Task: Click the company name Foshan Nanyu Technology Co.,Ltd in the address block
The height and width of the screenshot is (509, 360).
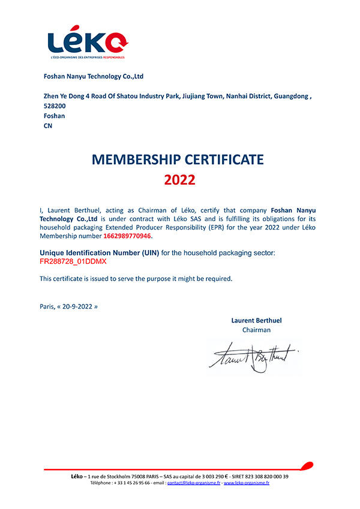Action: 94,76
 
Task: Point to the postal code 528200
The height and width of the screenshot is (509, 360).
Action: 55,106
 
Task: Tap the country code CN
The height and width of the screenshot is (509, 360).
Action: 48,126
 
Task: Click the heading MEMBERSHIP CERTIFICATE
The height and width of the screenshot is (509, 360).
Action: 178,159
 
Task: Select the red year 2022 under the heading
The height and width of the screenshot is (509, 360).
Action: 179,180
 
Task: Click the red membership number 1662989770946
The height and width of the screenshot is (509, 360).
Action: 127,236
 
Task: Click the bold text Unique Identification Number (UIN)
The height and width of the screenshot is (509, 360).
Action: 99,253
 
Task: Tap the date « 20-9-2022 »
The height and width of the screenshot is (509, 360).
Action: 77,306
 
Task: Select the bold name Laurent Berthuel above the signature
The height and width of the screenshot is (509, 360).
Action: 256,320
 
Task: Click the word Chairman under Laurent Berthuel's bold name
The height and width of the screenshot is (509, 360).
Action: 256,330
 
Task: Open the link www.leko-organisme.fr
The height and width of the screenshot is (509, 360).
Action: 246,483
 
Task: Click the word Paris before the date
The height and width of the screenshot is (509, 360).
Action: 47,306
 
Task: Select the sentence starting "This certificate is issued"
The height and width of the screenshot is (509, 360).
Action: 136,278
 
